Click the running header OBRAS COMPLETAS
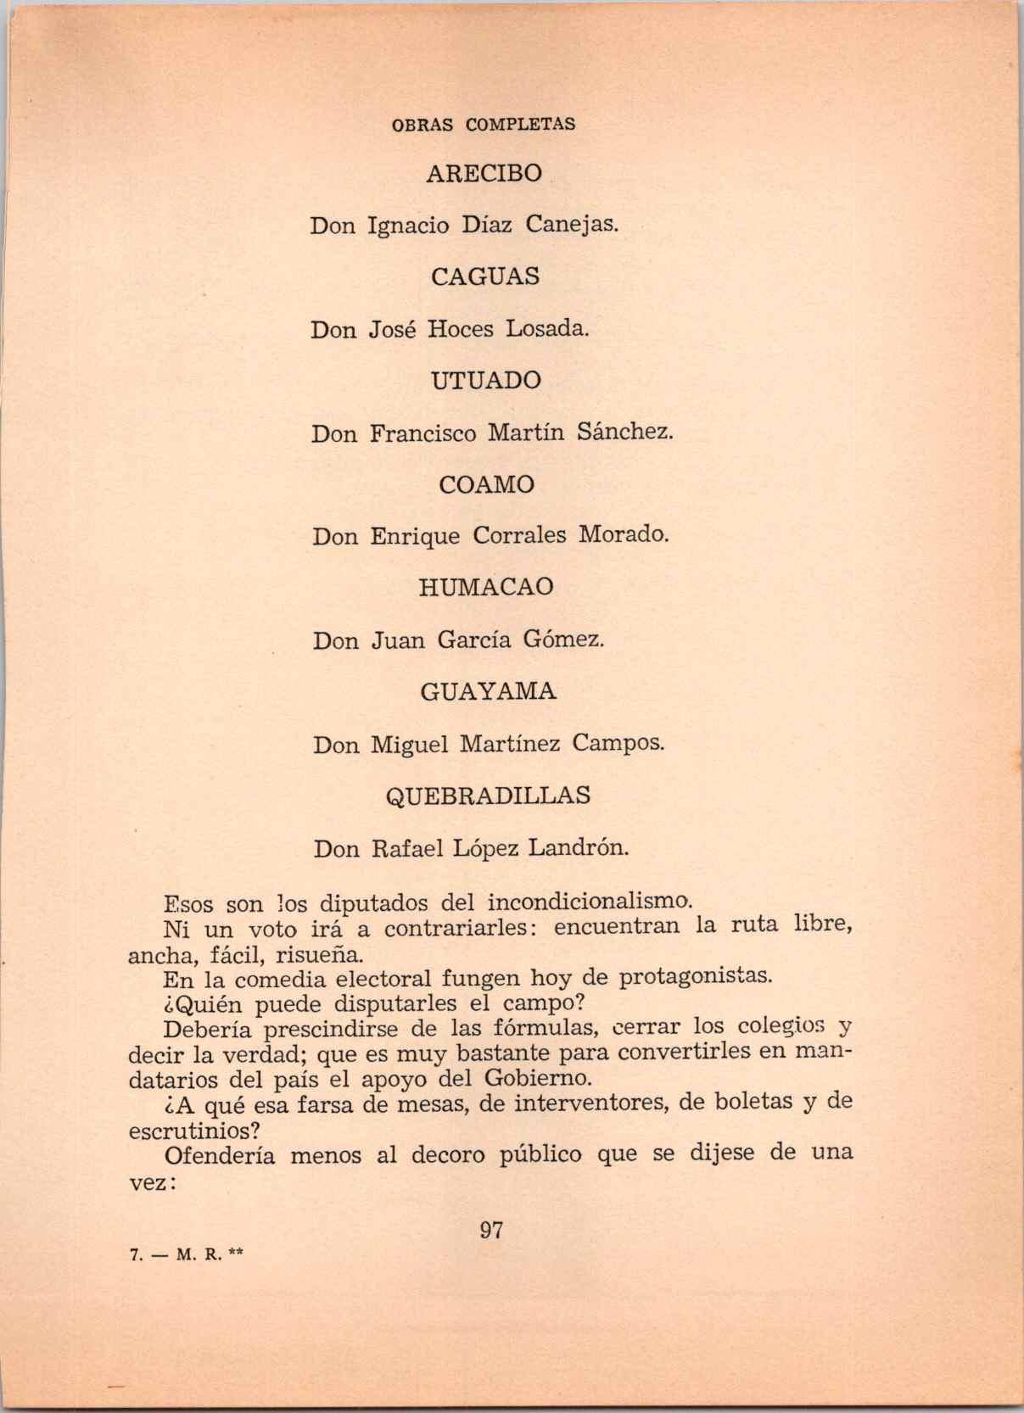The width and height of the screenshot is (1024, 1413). point(483,124)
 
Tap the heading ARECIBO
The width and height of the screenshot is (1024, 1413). point(484,173)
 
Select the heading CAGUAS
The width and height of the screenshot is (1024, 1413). point(485,276)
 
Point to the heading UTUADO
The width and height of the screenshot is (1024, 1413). point(485,381)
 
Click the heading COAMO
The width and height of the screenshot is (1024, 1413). point(486,484)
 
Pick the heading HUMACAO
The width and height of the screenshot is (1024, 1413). point(485,587)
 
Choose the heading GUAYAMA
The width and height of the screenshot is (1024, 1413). point(488,691)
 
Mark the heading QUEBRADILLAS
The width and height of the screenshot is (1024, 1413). point(488,796)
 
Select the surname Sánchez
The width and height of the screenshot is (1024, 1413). point(624,432)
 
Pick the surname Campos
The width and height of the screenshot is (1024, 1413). point(618,744)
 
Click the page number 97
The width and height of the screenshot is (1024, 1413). point(491,1230)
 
